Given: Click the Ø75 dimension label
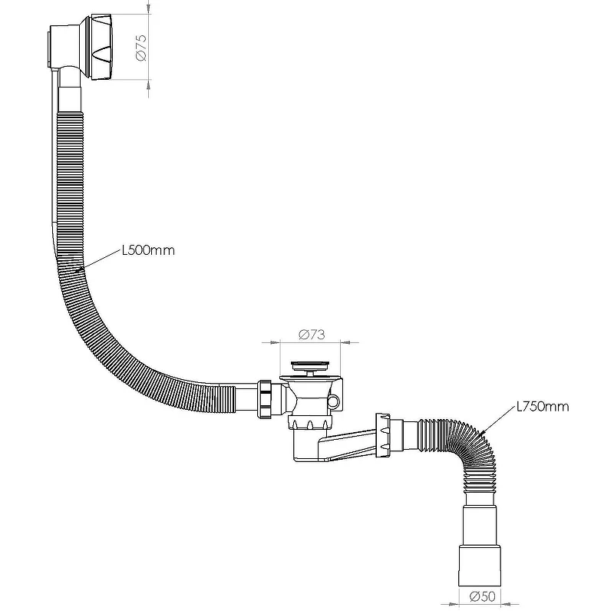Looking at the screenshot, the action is pyautogui.click(x=141, y=48).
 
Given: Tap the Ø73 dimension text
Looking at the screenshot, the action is pyautogui.click(x=312, y=335).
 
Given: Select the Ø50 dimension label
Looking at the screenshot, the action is pyautogui.click(x=483, y=596).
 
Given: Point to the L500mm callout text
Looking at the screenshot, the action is pyautogui.click(x=148, y=250).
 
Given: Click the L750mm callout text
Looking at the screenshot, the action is pyautogui.click(x=543, y=407).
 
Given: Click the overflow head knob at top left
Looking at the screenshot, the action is pyautogui.click(x=102, y=48).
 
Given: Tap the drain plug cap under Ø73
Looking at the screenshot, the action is pyautogui.click(x=311, y=366).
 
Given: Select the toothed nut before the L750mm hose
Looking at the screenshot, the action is pyautogui.click(x=382, y=435).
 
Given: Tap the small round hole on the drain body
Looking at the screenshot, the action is pyautogui.click(x=334, y=401).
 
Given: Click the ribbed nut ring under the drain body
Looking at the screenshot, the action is pyautogui.click(x=310, y=422).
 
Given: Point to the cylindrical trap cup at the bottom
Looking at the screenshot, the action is pyautogui.click(x=306, y=446).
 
